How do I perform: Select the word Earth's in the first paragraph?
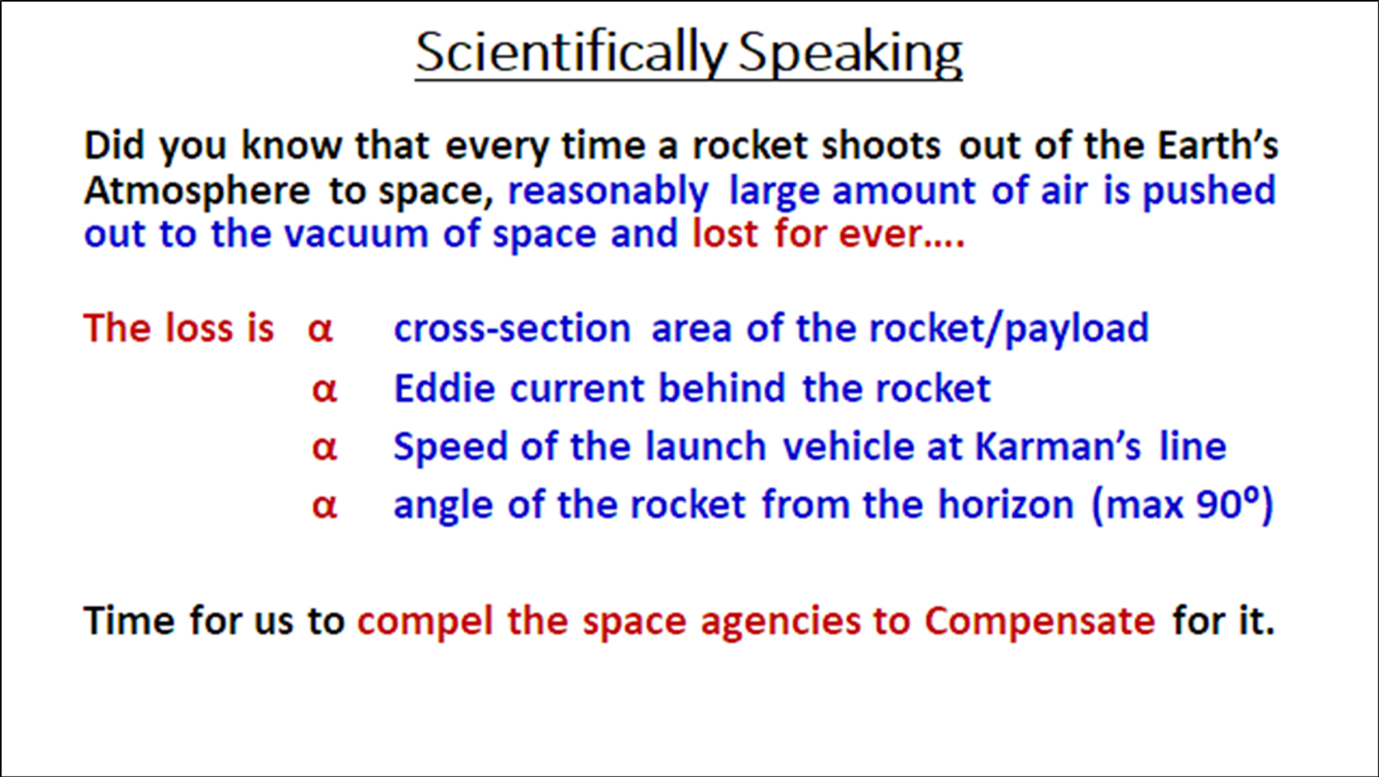point(1217,145)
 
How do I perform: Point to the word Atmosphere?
point(198,190)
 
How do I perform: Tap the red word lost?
point(725,233)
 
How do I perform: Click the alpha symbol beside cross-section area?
point(320,330)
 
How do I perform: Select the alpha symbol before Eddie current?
point(325,390)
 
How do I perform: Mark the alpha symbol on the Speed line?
point(325,448)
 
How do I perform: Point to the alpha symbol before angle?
point(325,506)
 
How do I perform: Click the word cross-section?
point(512,329)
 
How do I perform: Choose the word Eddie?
point(445,388)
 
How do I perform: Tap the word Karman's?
point(1058,447)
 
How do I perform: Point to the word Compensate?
point(1040,622)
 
